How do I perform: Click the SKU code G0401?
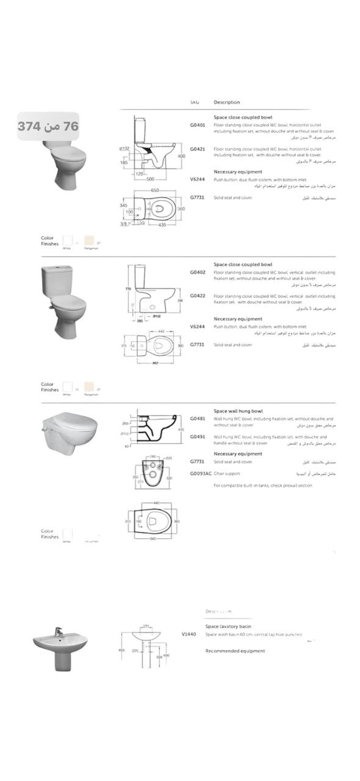pos(197,124)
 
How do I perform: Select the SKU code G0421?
pos(197,149)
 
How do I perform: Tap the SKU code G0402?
pos(197,273)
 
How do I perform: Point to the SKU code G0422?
pos(197,296)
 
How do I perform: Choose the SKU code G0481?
pos(197,419)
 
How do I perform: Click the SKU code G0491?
pos(197,437)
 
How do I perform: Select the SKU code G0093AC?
pos(200,473)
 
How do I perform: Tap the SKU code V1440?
pos(189,635)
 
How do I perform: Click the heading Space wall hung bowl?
pos(238,411)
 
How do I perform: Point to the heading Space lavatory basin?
pos(228,627)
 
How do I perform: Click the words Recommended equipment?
pos(235,651)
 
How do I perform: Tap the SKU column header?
pos(195,102)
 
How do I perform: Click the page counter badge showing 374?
pos(48,126)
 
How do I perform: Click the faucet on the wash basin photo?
pos(57,632)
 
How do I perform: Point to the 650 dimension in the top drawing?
pos(155,190)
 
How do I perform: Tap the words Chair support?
pos(227,473)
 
